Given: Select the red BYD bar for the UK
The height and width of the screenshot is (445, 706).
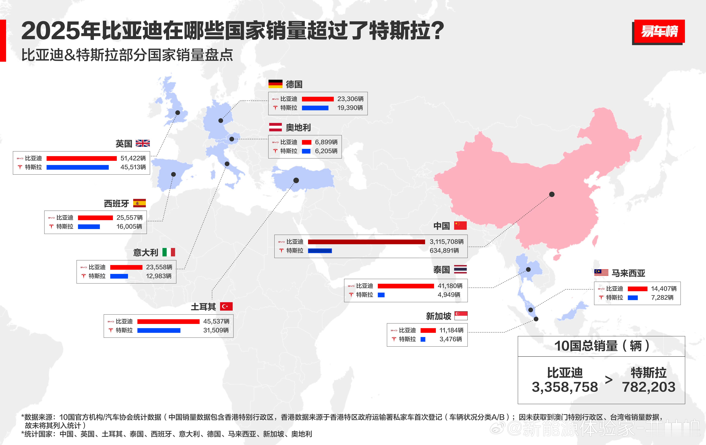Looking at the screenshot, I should tap(81, 158).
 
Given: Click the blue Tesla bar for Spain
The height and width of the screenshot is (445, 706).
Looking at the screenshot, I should tap(89, 227).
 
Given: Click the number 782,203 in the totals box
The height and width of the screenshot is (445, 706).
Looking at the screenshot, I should tap(649, 387).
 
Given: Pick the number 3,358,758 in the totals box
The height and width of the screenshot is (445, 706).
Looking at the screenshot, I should tap(565, 387).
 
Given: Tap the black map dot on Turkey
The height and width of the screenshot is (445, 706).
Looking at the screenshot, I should tap(296, 180).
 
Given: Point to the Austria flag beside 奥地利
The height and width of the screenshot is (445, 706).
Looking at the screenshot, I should tap(275, 127).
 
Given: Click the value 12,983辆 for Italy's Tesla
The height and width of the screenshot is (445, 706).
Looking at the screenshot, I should tap(159, 276).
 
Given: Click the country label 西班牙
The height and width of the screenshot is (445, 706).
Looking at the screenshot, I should tap(116, 203).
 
